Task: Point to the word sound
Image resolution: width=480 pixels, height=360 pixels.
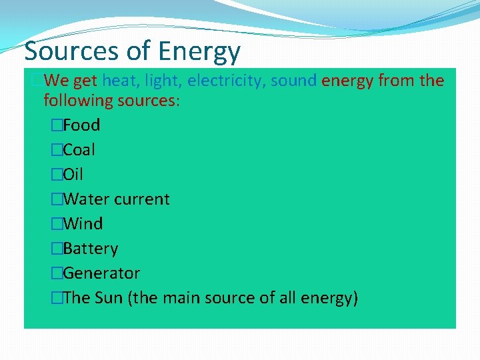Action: pyautogui.click(x=294, y=81)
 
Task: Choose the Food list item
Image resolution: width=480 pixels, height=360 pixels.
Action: pyautogui.click(x=81, y=125)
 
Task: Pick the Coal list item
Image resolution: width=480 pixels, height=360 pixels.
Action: pyautogui.click(x=79, y=150)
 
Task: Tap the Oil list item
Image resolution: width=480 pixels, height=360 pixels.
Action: pyautogui.click(x=73, y=175)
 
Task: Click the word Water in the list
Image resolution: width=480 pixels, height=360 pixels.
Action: pyautogui.click(x=85, y=199)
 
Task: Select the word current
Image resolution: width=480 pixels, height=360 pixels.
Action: pyautogui.click(x=141, y=199)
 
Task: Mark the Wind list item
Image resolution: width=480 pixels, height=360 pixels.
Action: pyautogui.click(x=83, y=224)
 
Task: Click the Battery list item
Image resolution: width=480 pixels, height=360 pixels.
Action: pyautogui.click(x=91, y=249)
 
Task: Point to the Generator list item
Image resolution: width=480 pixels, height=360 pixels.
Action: pyautogui.click(x=101, y=273)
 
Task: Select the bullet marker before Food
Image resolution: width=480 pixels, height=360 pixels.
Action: pyautogui.click(x=57, y=125)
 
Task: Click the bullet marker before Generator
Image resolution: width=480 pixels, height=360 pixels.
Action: pyautogui.click(x=57, y=273)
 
